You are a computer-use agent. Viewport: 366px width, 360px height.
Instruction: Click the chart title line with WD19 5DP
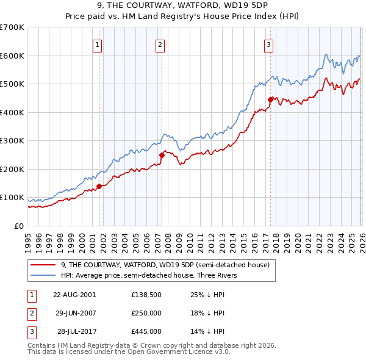(x=183, y=7)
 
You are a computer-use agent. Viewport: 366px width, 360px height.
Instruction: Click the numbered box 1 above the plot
(x=98, y=44)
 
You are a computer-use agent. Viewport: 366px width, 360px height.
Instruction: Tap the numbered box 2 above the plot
(x=160, y=44)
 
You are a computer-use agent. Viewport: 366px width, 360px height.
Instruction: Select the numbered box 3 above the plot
(x=268, y=44)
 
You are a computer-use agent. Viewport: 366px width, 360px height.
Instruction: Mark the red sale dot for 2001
(x=99, y=187)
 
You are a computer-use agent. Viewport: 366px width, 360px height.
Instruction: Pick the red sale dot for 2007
(x=162, y=155)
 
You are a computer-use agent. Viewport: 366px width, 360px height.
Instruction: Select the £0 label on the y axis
(x=18, y=226)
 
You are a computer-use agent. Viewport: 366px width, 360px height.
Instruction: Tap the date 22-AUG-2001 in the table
(x=74, y=294)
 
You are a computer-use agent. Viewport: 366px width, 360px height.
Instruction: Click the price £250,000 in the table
(x=146, y=313)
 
